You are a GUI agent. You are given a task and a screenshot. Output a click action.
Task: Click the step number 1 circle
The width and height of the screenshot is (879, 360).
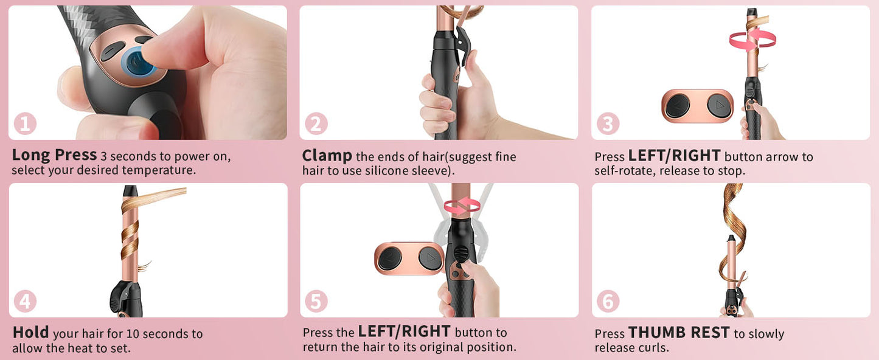click(x=25, y=124)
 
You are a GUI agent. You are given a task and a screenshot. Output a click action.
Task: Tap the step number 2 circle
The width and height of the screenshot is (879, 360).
click(x=316, y=124)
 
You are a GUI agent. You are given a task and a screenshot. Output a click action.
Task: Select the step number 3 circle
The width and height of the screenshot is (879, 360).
click(x=608, y=124)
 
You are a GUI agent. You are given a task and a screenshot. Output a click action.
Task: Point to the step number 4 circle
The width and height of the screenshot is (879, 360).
click(x=25, y=302)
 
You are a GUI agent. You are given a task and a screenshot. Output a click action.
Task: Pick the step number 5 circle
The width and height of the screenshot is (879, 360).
click(x=316, y=302)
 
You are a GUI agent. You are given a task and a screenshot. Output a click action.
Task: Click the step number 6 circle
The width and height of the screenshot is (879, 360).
click(x=608, y=302)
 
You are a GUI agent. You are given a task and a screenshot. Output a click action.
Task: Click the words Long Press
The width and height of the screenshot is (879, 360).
click(x=54, y=155)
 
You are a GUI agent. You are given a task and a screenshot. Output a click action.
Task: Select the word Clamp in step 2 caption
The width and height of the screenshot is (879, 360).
click(x=327, y=156)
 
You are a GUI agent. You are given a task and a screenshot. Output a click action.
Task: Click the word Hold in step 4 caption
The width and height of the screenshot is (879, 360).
click(x=30, y=333)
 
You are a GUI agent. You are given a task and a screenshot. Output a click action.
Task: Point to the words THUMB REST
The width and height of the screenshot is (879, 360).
click(x=679, y=333)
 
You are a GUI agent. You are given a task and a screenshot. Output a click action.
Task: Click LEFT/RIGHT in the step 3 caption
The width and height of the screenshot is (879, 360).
click(x=674, y=156)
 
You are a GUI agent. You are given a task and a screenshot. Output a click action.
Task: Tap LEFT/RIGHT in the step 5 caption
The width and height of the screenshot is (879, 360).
click(x=404, y=332)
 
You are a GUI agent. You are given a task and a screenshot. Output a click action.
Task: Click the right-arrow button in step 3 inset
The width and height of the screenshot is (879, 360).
click(x=719, y=105)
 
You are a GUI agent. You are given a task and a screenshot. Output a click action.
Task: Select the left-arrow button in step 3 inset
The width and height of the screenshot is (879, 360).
click(x=678, y=105)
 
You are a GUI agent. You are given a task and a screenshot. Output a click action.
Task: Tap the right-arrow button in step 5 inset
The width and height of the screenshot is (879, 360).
click(x=431, y=258)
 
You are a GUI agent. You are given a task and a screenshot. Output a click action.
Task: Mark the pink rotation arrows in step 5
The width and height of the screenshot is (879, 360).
click(x=462, y=206)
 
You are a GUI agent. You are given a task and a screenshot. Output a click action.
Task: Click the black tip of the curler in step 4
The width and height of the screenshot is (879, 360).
click(x=130, y=191)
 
